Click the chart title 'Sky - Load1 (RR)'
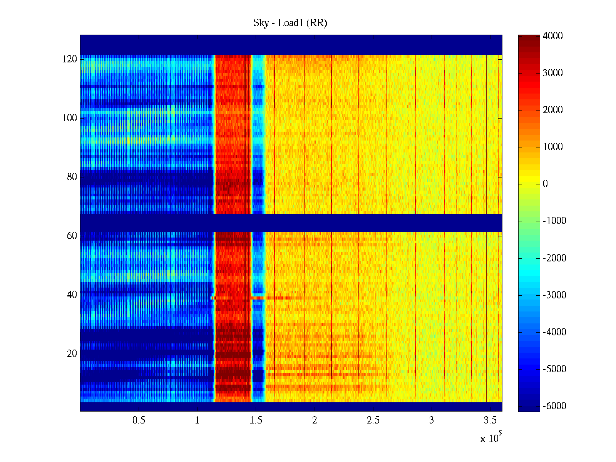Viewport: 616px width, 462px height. [x=290, y=23]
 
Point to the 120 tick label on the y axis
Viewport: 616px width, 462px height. [x=70, y=59]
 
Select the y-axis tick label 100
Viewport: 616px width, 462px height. [x=70, y=118]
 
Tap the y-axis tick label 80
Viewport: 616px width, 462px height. [x=72, y=177]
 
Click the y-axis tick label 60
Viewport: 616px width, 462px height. [x=72, y=236]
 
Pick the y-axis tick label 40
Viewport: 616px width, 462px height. [x=72, y=295]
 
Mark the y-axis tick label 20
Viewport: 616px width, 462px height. [x=72, y=354]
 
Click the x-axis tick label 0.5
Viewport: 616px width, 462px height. [x=139, y=420]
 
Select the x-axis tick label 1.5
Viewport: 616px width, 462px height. [x=256, y=420]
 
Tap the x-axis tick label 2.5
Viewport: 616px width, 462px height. [x=373, y=420]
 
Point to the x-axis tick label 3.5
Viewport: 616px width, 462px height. [x=490, y=420]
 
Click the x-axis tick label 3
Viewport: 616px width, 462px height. [x=432, y=420]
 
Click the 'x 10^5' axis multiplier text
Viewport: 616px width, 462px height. [x=491, y=438]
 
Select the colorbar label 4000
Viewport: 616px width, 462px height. [x=553, y=36]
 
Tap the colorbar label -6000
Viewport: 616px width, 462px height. [x=554, y=406]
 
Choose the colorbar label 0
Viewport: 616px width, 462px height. [x=545, y=184]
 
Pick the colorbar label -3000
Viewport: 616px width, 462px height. [x=554, y=295]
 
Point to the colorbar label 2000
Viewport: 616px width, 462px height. [x=553, y=110]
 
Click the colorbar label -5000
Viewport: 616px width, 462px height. [x=554, y=369]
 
